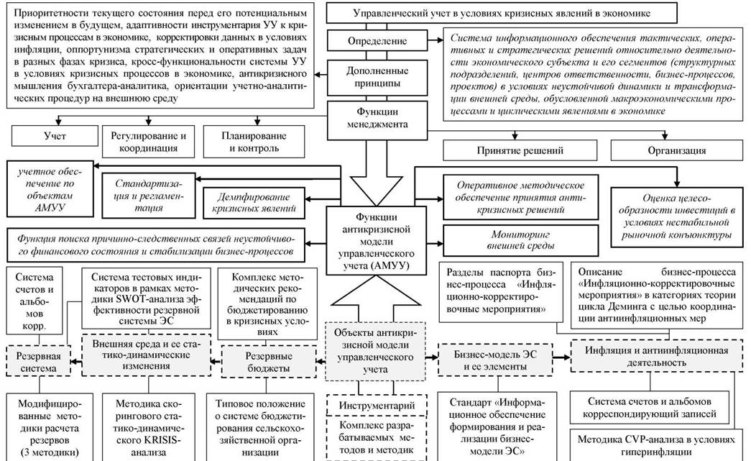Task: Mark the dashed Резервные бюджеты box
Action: [x=269, y=362]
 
